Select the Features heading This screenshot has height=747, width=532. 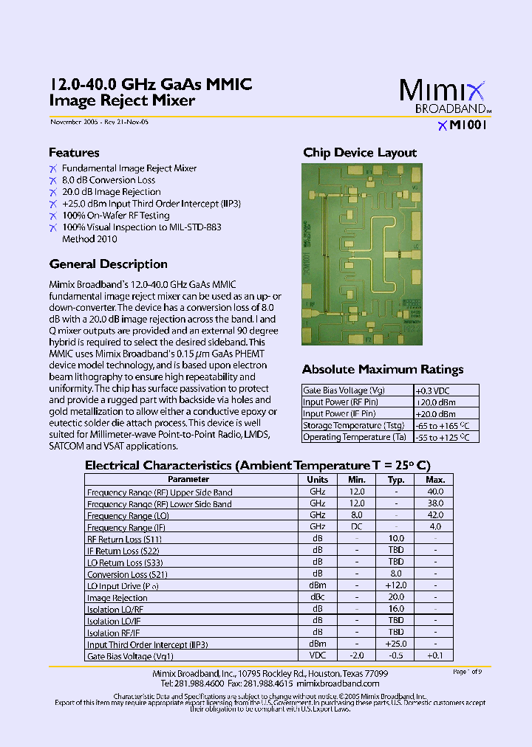point(74,153)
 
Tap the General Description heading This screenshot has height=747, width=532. point(108,264)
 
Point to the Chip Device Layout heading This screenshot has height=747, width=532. point(360,153)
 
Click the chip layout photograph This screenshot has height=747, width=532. point(361,254)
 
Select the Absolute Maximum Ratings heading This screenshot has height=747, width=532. point(383,369)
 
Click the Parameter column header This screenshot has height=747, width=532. point(188,479)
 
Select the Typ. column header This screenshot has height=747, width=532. point(396,479)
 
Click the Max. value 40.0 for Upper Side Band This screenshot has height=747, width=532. point(435,492)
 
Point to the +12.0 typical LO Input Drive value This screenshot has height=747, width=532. point(396,585)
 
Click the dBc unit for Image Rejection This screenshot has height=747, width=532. point(317,598)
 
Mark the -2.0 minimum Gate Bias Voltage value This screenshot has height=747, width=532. point(357,655)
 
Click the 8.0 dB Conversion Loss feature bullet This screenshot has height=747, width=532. point(109,180)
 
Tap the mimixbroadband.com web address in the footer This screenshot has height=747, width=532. point(348,684)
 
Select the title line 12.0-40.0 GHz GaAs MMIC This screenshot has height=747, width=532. point(151,85)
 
